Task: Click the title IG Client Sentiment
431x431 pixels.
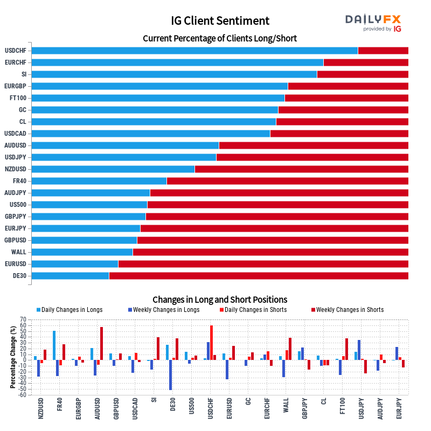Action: tap(219, 21)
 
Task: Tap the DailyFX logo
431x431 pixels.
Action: tap(373, 23)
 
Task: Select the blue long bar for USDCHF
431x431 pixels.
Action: tap(194, 51)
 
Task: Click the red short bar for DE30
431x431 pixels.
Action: tap(259, 276)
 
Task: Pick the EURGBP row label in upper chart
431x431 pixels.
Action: tap(15, 86)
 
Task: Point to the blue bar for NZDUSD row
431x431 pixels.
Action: tap(113, 169)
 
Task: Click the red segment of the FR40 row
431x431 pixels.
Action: tap(287, 181)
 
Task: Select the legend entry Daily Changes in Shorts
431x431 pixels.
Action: tap(255, 310)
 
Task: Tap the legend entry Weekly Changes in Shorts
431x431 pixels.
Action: tap(350, 310)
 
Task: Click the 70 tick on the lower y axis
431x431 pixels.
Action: tap(23, 319)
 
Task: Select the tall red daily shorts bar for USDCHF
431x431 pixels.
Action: tap(211, 342)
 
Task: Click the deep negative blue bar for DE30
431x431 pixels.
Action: tap(171, 374)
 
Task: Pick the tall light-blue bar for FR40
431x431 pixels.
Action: tap(54, 345)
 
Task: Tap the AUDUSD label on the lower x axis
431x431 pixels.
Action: tap(98, 409)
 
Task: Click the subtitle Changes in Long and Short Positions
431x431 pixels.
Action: tap(219, 300)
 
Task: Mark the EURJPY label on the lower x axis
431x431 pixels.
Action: tap(399, 409)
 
